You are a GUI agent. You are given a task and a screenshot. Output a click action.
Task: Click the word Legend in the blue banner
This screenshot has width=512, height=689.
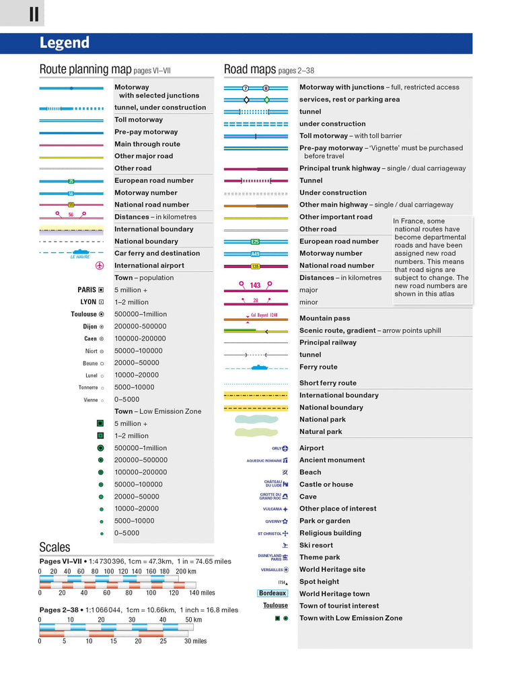[65, 43]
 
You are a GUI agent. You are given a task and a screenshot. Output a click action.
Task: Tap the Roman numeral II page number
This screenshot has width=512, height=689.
[34, 13]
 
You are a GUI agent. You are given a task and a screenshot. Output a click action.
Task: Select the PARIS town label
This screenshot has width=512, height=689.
[87, 290]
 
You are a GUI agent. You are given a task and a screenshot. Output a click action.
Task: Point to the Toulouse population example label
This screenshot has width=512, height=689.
[84, 314]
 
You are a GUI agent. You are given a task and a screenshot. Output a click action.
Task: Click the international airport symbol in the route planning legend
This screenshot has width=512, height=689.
[100, 266]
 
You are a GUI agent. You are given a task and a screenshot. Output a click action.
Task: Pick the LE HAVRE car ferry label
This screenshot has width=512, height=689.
[79, 256]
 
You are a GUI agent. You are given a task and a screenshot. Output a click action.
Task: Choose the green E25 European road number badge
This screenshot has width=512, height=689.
[255, 242]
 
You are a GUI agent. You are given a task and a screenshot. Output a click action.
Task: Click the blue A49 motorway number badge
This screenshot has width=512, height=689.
[255, 254]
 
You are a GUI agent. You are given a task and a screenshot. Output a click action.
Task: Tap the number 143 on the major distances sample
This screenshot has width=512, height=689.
[255, 285]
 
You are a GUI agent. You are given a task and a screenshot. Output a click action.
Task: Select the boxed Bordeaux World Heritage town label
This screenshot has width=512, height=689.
[272, 593]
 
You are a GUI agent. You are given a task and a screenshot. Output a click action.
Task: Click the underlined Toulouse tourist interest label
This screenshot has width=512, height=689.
[275, 606]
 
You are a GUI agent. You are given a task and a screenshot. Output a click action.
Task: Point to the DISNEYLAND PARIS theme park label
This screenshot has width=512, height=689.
[270, 557]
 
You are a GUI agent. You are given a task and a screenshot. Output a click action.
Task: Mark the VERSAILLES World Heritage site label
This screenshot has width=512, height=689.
[272, 569]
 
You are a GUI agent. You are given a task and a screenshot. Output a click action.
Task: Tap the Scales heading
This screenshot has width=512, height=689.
[54, 547]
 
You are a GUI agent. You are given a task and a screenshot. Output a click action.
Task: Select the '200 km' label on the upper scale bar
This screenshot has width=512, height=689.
[186, 572]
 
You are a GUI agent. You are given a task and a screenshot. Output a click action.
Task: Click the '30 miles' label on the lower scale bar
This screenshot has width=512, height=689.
[195, 641]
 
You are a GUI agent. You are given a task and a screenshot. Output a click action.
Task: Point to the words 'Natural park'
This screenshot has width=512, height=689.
[320, 431]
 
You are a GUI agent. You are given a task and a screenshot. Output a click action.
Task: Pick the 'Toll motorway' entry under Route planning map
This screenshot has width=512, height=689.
[139, 120]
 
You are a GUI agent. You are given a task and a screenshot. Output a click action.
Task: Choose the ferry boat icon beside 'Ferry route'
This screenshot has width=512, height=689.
[259, 367]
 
